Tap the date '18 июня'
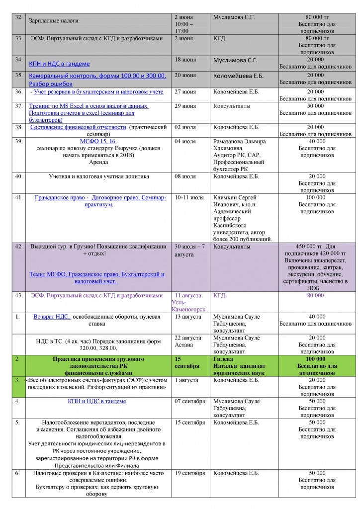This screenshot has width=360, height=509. tap(184, 60)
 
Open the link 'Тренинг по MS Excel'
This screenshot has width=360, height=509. tap(90, 106)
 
